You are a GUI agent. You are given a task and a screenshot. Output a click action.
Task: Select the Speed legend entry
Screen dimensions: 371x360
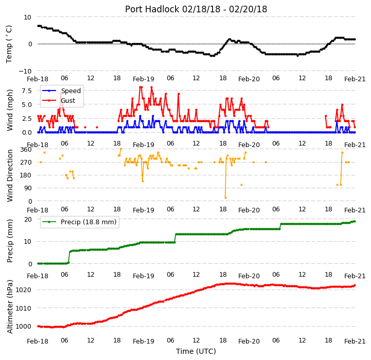tap(61, 91)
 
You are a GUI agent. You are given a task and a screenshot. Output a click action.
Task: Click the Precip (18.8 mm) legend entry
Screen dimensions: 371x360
tap(79, 222)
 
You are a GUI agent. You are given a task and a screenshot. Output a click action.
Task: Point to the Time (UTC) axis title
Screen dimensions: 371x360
tap(196, 351)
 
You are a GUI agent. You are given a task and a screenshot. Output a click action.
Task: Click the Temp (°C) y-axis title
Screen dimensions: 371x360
tap(9, 44)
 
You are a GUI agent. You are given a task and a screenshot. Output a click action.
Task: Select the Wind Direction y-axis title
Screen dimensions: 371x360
tap(10, 175)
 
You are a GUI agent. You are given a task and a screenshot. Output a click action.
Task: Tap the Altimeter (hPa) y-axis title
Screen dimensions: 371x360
tap(10, 307)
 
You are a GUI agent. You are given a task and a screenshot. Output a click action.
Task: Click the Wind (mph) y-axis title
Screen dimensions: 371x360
tap(10, 110)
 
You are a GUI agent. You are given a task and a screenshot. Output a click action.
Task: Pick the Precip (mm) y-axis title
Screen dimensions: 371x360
tap(10, 241)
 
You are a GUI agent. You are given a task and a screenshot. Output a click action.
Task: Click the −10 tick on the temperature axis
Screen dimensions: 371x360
tap(25, 71)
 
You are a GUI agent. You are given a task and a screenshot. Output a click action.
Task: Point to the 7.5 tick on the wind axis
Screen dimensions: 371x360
tap(27, 91)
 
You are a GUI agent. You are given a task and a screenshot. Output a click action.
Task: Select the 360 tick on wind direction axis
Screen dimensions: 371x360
tap(26, 150)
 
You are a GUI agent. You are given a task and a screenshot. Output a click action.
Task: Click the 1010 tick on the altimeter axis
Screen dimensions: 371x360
tap(24, 308)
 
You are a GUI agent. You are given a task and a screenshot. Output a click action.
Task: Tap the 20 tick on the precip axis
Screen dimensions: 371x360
tap(28, 220)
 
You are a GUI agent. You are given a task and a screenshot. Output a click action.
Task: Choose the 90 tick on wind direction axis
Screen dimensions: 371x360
tap(28, 188)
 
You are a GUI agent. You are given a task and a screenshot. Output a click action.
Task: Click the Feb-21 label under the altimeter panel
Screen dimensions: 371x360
tap(355, 341)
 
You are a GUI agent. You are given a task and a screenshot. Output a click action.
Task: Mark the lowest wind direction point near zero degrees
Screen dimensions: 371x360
tap(225, 197)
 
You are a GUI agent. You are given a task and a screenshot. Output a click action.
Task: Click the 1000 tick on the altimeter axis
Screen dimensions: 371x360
tap(24, 327)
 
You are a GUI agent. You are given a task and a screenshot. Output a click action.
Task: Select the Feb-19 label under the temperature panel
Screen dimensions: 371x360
tap(144, 79)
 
